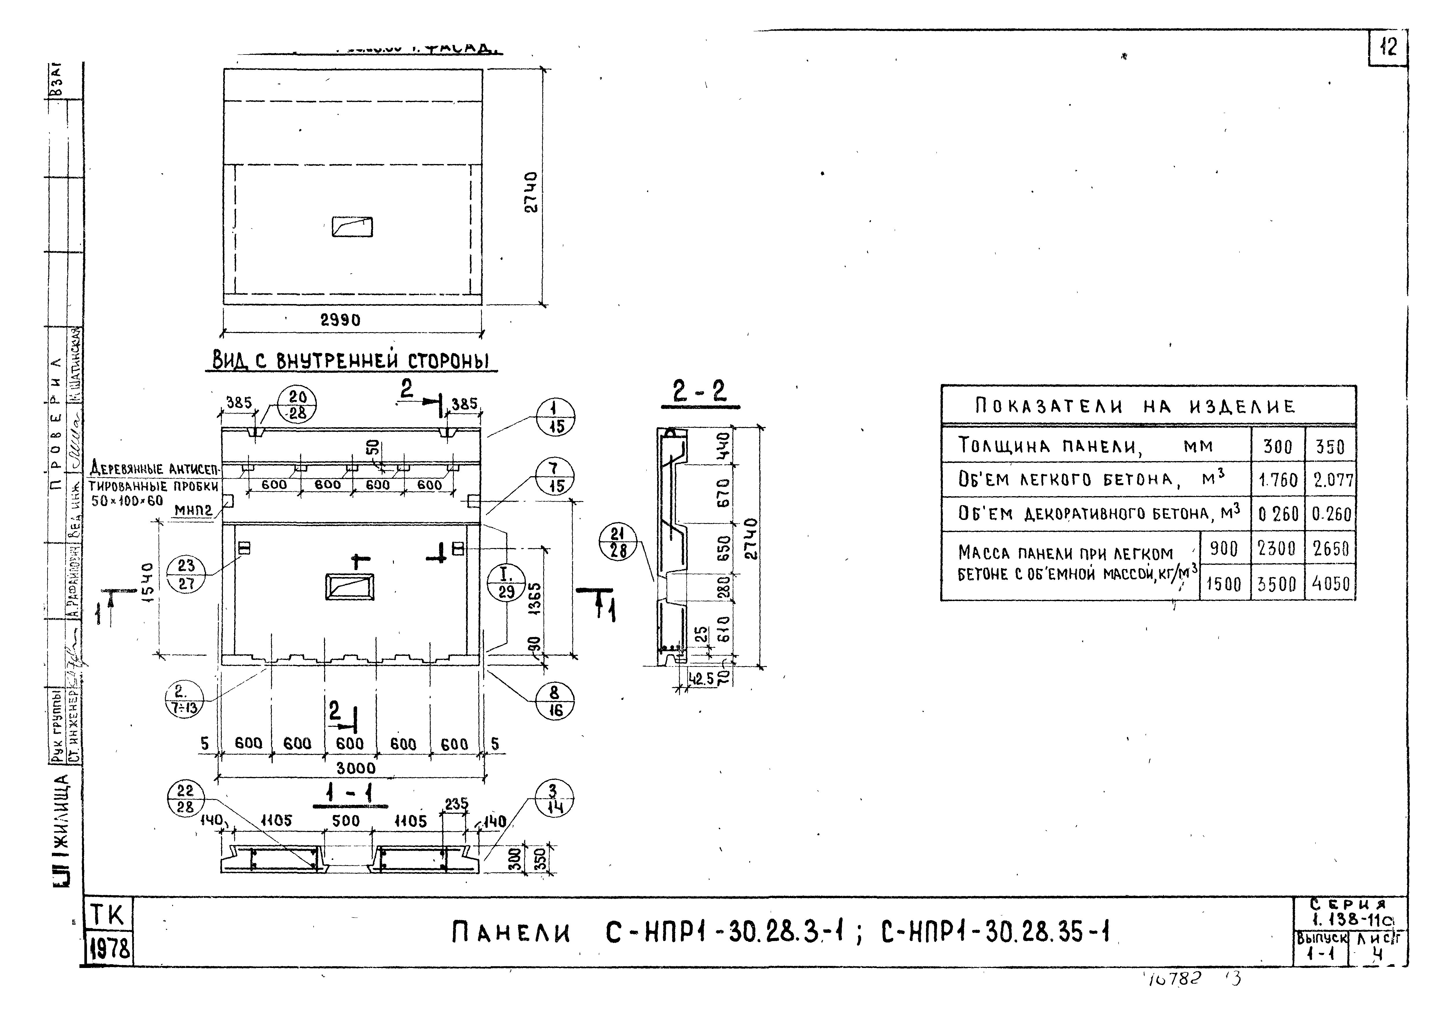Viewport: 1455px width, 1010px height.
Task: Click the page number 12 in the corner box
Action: pyautogui.click(x=1388, y=48)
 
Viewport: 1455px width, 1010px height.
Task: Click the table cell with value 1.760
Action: pyautogui.click(x=1277, y=480)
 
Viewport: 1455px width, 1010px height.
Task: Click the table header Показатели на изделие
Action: pyautogui.click(x=1135, y=406)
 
